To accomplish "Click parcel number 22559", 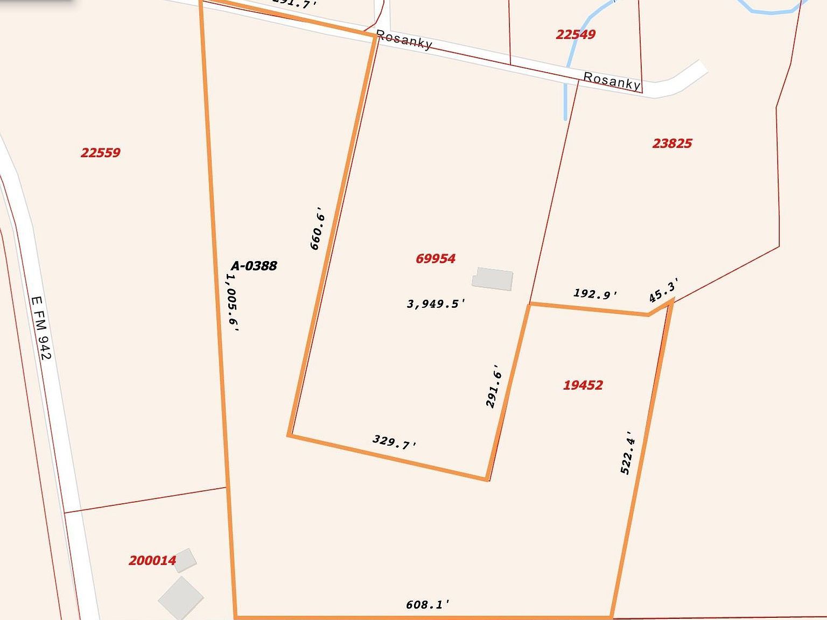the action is pyautogui.click(x=101, y=153).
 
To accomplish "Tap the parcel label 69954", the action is pyautogui.click(x=436, y=259).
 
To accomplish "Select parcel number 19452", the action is pyautogui.click(x=583, y=385).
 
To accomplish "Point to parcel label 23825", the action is pyautogui.click(x=672, y=144).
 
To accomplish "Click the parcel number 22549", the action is pyautogui.click(x=576, y=34).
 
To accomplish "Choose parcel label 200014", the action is pyautogui.click(x=152, y=561).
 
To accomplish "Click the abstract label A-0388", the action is pyautogui.click(x=254, y=266).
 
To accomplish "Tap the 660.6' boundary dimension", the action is pyautogui.click(x=317, y=228).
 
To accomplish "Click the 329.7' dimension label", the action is pyautogui.click(x=395, y=442).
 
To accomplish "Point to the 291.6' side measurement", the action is pyautogui.click(x=494, y=386).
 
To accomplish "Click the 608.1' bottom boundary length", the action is pyautogui.click(x=427, y=605).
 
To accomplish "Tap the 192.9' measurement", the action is pyautogui.click(x=595, y=294).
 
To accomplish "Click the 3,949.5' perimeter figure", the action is pyautogui.click(x=436, y=304).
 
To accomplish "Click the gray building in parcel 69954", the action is pyautogui.click(x=493, y=279).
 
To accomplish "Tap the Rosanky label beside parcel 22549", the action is pyautogui.click(x=612, y=81).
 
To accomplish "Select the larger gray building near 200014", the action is pyautogui.click(x=181, y=597).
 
